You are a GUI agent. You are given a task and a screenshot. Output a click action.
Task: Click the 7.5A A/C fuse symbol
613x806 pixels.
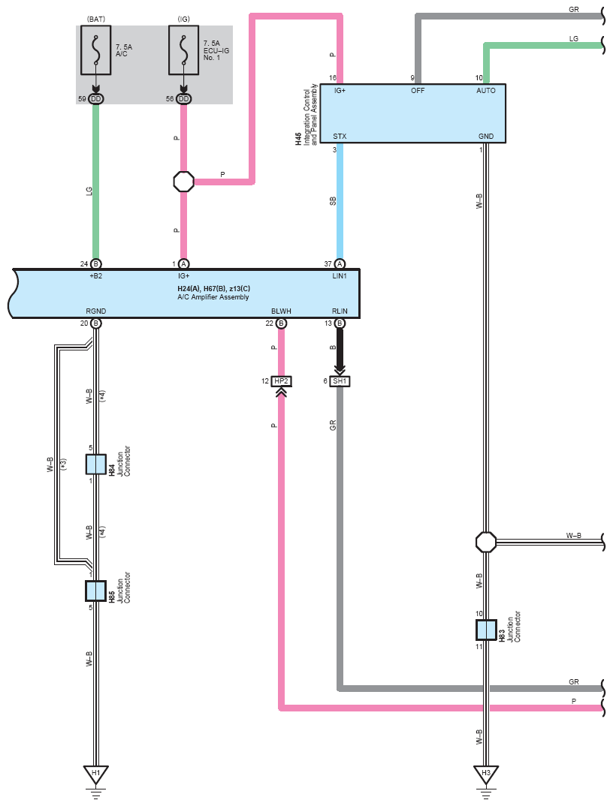95,50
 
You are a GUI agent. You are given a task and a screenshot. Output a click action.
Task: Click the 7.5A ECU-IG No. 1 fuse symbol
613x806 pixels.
184,50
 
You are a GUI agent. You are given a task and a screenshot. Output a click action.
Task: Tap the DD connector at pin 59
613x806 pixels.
95,99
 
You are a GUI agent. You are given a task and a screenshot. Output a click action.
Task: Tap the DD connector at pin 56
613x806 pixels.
184,99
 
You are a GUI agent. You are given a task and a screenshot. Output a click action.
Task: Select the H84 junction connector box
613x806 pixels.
95,465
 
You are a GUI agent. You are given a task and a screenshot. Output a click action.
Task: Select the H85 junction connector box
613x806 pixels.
95,591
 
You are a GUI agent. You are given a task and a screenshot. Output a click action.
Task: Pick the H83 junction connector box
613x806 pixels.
486,630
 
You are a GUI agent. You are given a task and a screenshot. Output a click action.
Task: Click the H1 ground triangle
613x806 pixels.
95,774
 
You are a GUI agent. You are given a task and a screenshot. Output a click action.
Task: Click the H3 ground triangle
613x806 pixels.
486,774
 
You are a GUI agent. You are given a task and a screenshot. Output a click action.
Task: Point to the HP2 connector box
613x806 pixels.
282,381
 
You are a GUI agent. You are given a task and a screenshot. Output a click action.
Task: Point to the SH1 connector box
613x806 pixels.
340,381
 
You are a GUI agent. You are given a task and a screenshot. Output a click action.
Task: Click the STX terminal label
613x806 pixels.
340,137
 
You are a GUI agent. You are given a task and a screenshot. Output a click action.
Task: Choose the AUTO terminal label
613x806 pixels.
486,91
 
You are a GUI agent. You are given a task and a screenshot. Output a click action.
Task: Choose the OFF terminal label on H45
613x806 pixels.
418,91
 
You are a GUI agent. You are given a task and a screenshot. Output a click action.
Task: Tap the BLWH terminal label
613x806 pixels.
282,311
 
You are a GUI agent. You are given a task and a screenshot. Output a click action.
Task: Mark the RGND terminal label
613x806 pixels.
95,311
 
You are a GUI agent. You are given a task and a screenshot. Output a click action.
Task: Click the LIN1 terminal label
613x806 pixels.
340,276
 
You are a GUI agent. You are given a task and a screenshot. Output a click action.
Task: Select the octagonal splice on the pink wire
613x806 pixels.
184,182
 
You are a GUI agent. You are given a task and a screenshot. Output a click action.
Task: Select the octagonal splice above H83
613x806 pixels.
486,542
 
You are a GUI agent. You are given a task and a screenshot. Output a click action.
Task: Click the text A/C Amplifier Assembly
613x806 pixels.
213,297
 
